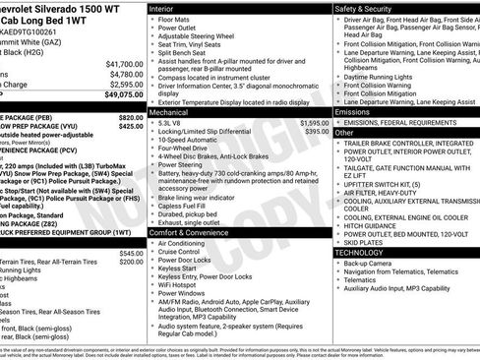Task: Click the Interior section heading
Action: pos(162,7)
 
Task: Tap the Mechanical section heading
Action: pos(170,113)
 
